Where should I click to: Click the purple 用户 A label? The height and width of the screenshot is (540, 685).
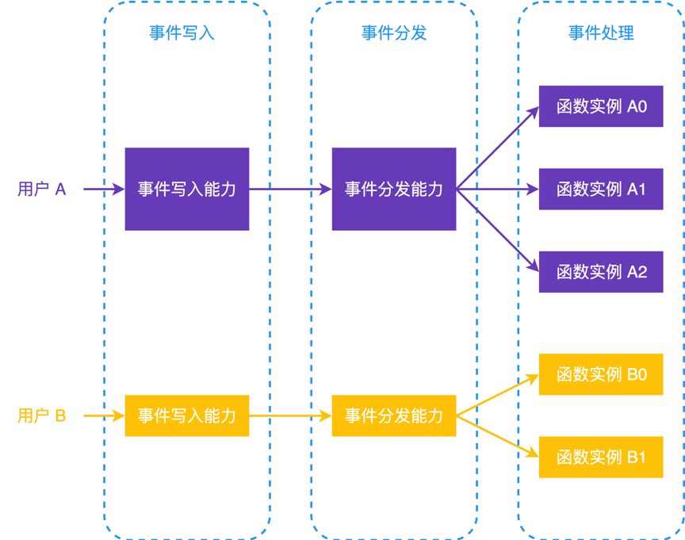(41, 190)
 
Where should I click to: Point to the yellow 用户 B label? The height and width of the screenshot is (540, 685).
(41, 416)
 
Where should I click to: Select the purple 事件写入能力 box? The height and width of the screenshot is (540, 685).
(187, 190)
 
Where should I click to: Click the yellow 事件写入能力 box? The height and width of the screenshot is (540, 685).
(187, 416)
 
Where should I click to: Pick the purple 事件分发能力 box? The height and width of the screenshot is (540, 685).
(394, 190)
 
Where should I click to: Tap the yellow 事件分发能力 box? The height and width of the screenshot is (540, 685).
(394, 416)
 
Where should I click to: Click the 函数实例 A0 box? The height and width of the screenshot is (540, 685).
(601, 106)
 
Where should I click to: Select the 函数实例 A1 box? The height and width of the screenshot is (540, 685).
(601, 190)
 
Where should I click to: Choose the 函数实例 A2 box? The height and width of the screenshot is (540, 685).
(601, 272)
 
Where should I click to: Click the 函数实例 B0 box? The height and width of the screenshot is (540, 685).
(601, 374)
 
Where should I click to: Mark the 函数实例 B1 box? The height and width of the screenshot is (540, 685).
(601, 457)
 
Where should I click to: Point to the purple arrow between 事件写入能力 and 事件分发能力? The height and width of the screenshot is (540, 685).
(290, 190)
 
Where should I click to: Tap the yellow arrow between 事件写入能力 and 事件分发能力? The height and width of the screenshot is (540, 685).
(290, 416)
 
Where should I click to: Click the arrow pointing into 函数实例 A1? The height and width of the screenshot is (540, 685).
(498, 190)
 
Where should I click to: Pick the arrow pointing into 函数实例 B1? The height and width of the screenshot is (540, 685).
(498, 435)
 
